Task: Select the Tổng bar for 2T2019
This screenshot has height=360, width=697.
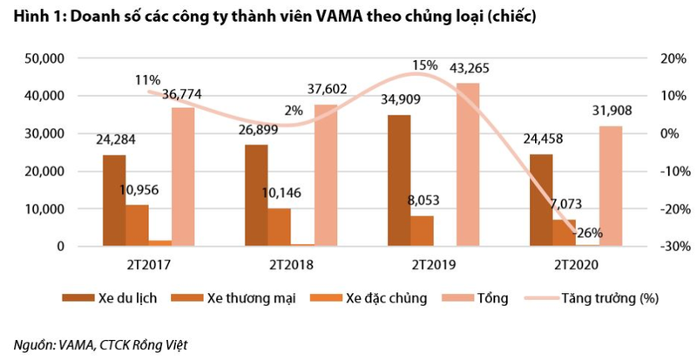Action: tap(468, 165)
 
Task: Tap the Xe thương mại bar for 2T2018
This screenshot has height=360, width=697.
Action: tap(279, 228)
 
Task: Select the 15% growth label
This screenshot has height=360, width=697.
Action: tap(425, 65)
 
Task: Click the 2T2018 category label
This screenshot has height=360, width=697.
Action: tap(291, 262)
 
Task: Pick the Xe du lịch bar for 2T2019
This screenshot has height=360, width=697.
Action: tap(399, 180)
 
